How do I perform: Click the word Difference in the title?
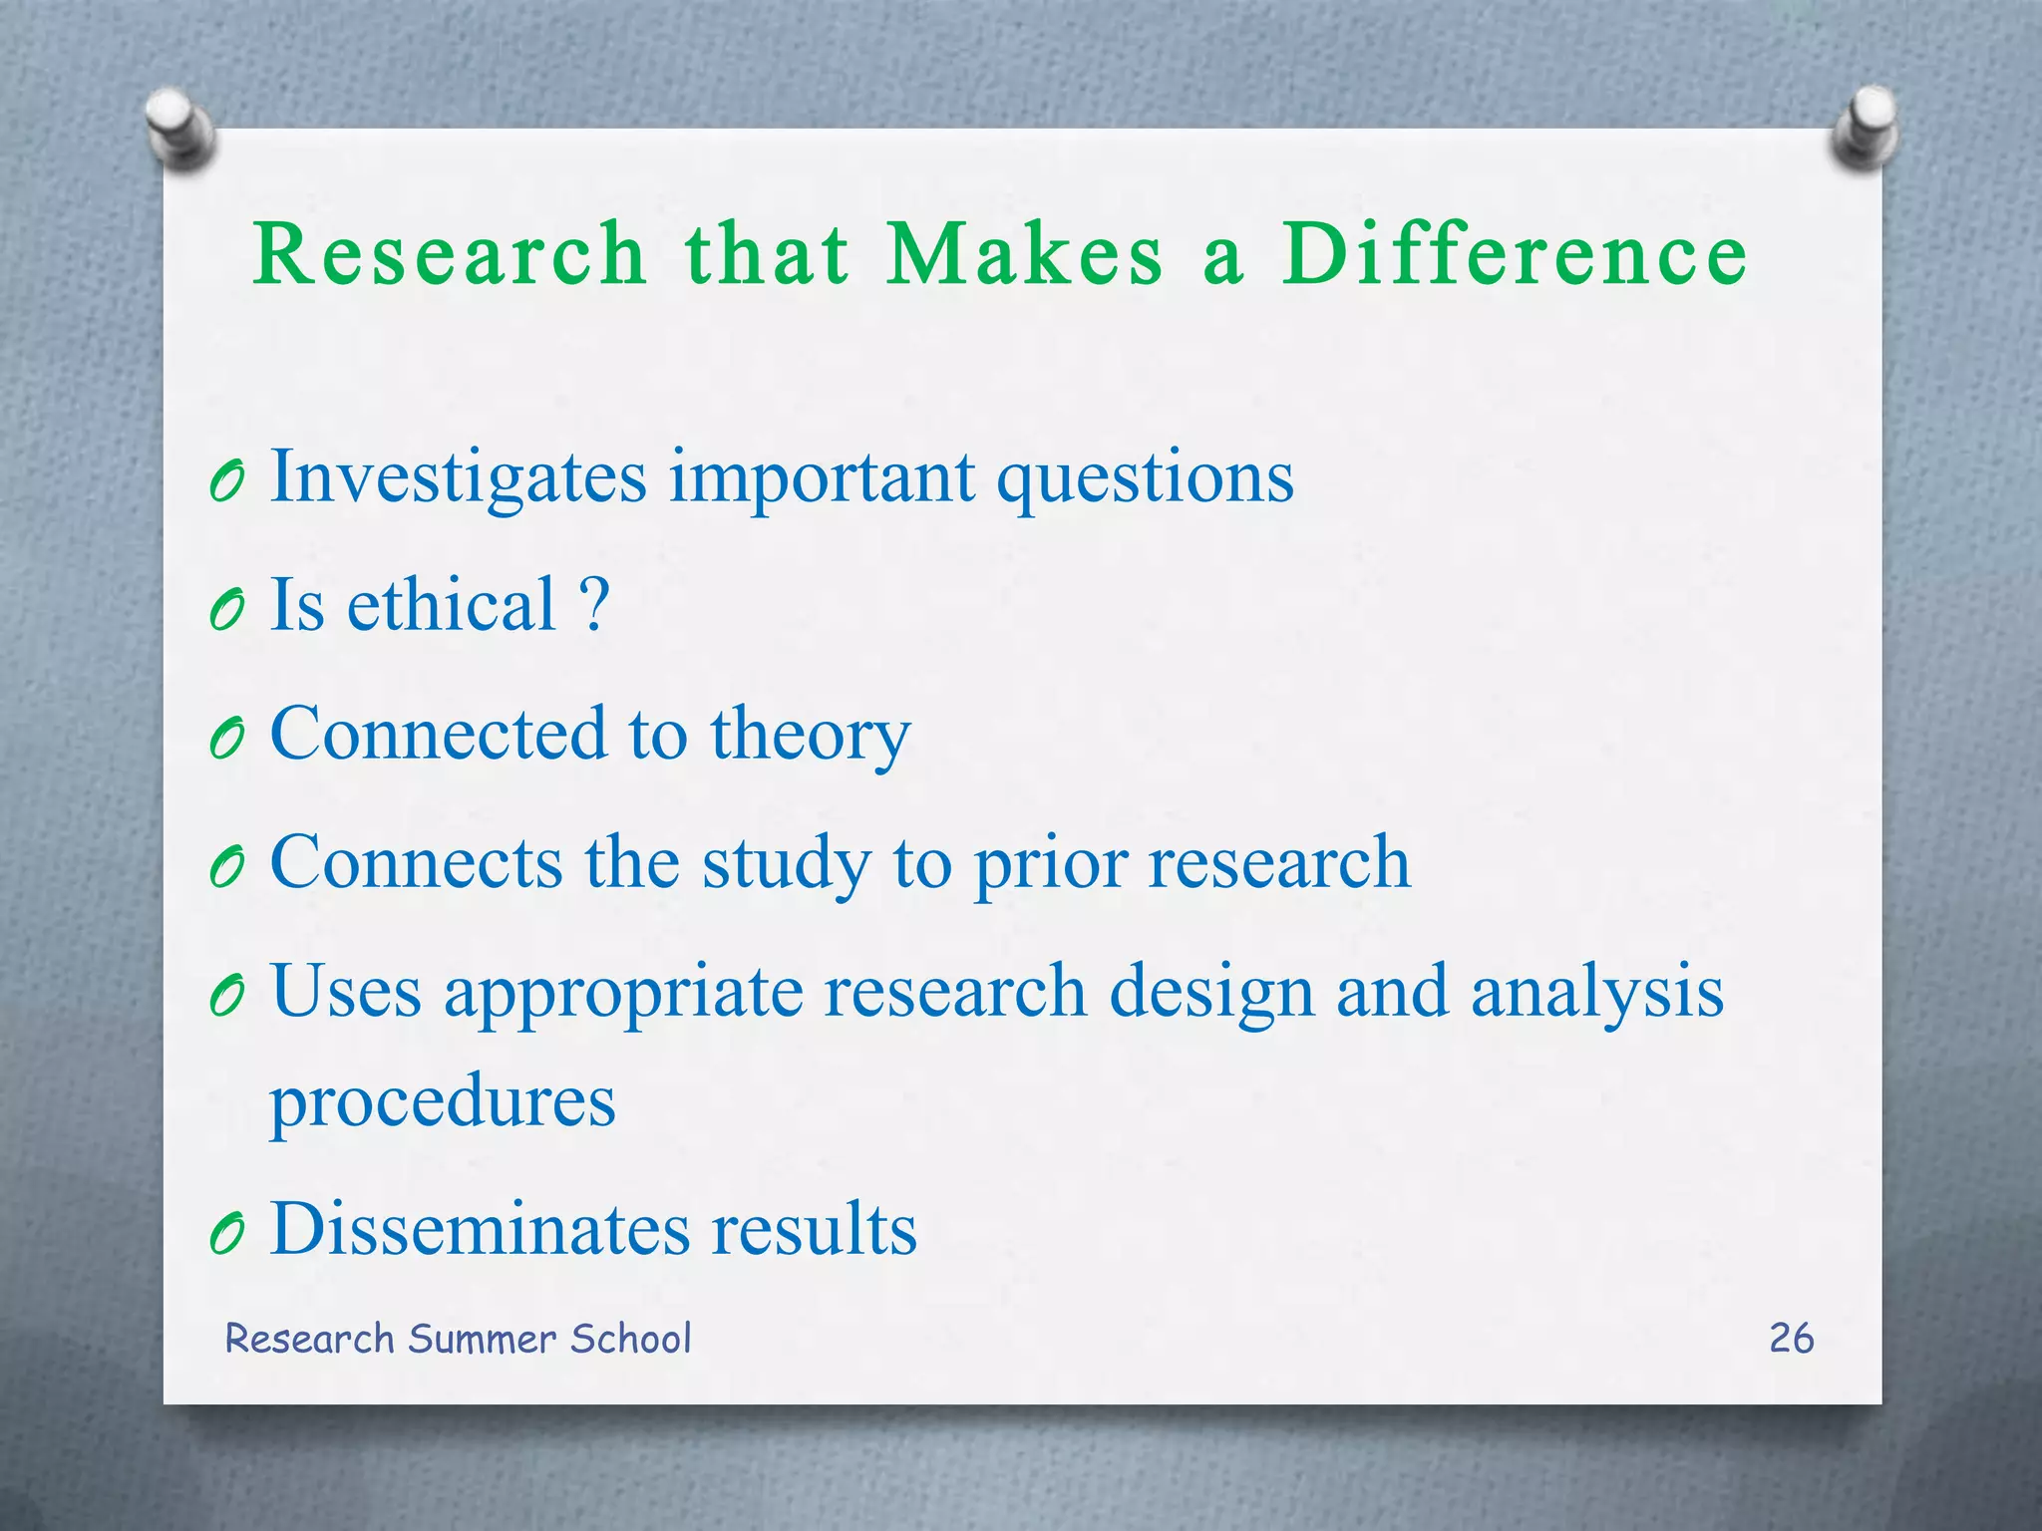[x=1514, y=254]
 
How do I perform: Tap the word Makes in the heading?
[x=1025, y=254]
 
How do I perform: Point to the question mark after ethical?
[x=593, y=604]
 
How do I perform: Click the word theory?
[x=810, y=736]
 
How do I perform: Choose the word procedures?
[x=443, y=1102]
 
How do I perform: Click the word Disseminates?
[x=480, y=1229]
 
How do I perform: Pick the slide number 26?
[x=1791, y=1339]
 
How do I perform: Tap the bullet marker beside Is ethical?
[x=227, y=609]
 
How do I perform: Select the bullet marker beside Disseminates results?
[x=227, y=1235]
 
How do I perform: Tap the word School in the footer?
[x=630, y=1339]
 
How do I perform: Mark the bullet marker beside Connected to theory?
[x=227, y=739]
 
